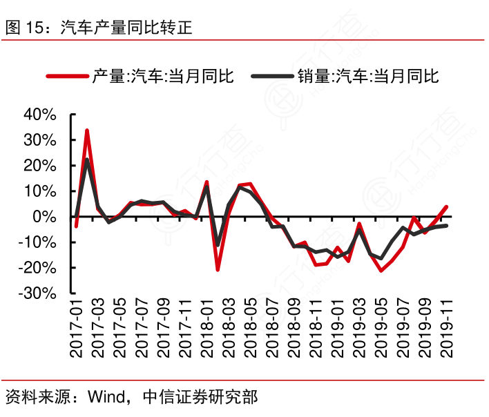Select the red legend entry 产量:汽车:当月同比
click(163, 77)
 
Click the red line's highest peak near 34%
click(87, 130)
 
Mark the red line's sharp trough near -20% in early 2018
click(218, 269)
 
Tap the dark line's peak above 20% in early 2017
click(87, 159)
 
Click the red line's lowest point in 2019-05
click(381, 271)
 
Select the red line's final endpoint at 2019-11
click(446, 206)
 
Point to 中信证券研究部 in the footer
click(200, 397)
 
